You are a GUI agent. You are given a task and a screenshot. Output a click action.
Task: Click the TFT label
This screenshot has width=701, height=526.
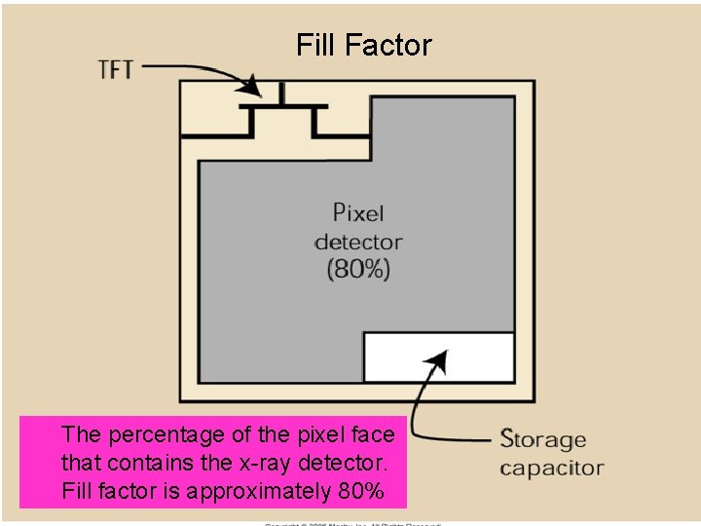pyautogui.click(x=118, y=69)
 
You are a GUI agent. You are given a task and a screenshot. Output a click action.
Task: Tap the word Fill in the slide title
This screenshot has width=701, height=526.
pyautogui.click(x=317, y=45)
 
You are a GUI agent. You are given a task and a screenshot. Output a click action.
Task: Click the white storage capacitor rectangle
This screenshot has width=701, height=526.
pyautogui.click(x=438, y=357)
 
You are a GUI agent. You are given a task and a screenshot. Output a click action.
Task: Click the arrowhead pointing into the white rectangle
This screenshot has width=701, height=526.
pyautogui.click(x=438, y=360)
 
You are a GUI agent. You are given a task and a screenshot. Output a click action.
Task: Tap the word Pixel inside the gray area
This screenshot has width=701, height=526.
pyautogui.click(x=358, y=212)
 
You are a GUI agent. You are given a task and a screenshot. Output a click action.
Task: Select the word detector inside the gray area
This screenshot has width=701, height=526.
pyautogui.click(x=358, y=241)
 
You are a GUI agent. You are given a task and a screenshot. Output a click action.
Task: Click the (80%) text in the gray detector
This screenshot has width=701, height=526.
pyautogui.click(x=358, y=269)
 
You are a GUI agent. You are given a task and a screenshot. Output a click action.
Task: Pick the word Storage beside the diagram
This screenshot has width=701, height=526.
pyautogui.click(x=543, y=439)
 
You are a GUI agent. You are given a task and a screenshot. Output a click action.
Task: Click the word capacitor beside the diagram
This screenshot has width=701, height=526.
pyautogui.click(x=552, y=468)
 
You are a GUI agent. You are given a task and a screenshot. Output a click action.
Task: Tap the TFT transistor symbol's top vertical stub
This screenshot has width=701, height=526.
pyautogui.click(x=282, y=94)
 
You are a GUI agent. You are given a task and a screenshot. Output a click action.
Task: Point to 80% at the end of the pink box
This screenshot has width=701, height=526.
pyautogui.click(x=360, y=491)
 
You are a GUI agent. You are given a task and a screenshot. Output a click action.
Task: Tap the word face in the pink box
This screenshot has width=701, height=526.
pyautogui.click(x=374, y=434)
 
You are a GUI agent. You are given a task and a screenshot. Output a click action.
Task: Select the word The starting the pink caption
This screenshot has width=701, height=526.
pyautogui.click(x=79, y=434)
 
